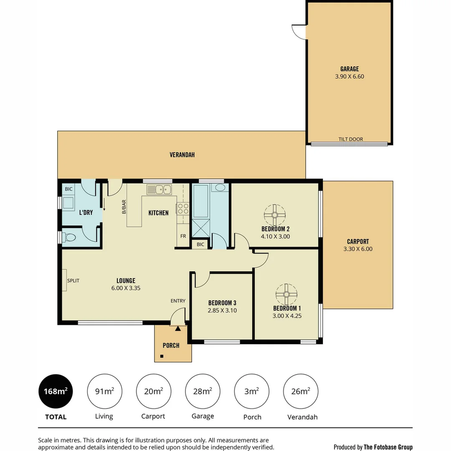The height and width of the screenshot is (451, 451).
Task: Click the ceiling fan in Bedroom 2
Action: pos(275,215)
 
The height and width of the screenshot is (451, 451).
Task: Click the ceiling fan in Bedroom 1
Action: pos(286,294)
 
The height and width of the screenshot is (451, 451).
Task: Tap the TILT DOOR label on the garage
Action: pos(350,139)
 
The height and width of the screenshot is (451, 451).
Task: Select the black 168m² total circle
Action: pos(56,391)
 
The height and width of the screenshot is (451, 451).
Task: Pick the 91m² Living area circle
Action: pos(104,391)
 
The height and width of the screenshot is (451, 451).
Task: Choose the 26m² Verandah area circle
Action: pos(301,391)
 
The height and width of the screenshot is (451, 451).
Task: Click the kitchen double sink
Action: pos(159,190)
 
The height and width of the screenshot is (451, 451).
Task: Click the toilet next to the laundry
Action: pos(70,238)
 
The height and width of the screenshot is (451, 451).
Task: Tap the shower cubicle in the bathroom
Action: pos(200,228)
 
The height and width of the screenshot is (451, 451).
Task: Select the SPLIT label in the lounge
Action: pos(73,281)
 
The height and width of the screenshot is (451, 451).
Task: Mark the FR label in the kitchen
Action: pos(183,236)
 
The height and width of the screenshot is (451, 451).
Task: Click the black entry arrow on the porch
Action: pos(178,329)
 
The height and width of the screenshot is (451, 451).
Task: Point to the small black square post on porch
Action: pos(162,356)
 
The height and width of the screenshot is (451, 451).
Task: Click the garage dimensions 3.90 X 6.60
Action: pos(350,76)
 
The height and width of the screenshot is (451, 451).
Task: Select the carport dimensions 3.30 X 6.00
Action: pos(358,249)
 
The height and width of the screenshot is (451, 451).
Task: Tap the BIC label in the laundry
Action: pos(68,189)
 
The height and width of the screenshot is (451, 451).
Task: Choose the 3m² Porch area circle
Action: pos(252,391)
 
